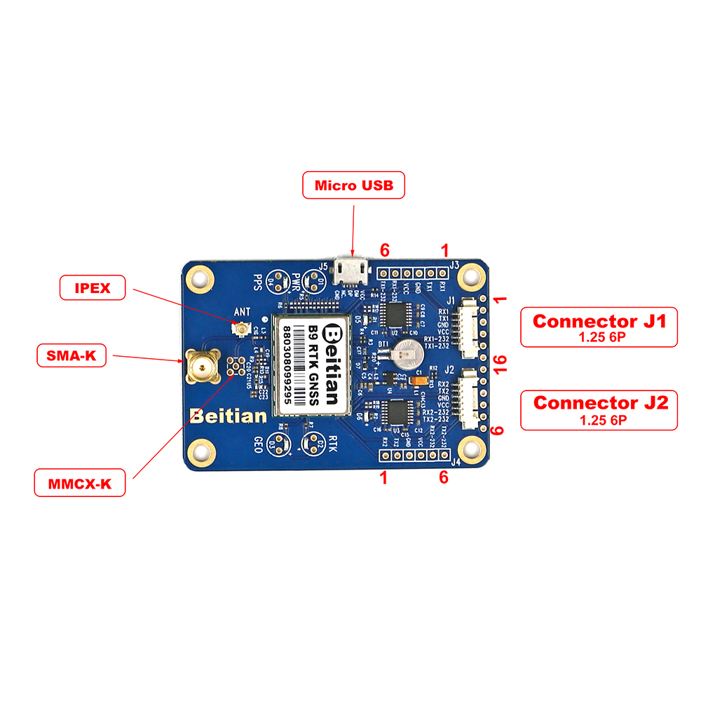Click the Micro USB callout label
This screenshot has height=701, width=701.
point(354,185)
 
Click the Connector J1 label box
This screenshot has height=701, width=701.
point(599,326)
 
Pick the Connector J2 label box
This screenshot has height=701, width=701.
point(599,409)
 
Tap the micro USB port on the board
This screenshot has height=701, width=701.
point(352,268)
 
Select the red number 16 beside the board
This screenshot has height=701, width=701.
point(500,363)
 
